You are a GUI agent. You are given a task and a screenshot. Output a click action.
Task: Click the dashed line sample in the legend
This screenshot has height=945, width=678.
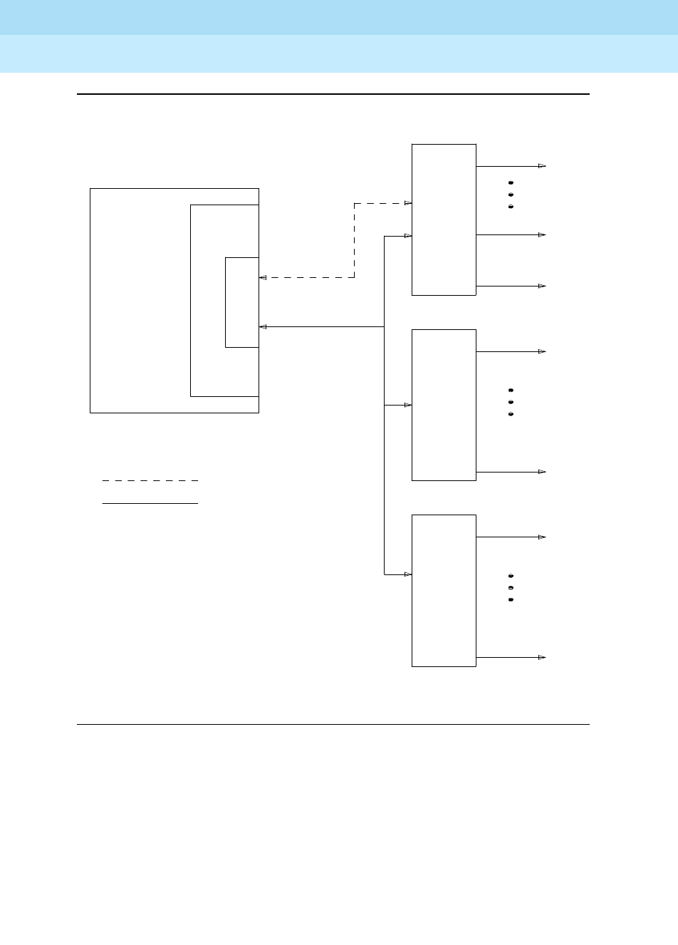pyautogui.click(x=150, y=481)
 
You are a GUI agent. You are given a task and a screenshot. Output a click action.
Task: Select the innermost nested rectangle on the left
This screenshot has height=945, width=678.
pyautogui.click(x=241, y=302)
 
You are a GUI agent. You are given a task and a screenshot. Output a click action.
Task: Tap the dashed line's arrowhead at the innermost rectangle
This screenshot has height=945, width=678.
pyautogui.click(x=263, y=277)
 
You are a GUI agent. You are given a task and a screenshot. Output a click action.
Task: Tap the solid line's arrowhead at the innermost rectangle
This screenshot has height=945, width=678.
pyautogui.click(x=263, y=326)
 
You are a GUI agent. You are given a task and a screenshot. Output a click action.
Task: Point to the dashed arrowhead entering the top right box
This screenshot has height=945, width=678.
pyautogui.click(x=408, y=203)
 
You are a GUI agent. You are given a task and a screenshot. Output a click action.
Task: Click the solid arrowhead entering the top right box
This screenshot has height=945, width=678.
pyautogui.click(x=408, y=236)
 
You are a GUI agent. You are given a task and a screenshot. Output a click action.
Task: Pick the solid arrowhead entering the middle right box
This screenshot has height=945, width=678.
pyautogui.click(x=408, y=405)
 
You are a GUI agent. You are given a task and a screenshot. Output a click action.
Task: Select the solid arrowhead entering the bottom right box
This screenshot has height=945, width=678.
pyautogui.click(x=408, y=574)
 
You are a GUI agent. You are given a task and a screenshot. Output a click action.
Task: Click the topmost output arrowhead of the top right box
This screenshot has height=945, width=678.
pyautogui.click(x=542, y=166)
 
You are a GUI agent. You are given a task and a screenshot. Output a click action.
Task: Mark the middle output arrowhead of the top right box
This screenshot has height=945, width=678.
pyautogui.click(x=542, y=234)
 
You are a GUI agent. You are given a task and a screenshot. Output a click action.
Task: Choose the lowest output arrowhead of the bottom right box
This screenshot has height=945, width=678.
pyautogui.click(x=542, y=657)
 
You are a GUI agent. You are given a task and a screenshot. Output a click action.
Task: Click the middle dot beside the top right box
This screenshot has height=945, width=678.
pyautogui.click(x=511, y=195)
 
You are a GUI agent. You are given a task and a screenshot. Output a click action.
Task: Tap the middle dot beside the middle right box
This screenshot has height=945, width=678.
pyautogui.click(x=511, y=402)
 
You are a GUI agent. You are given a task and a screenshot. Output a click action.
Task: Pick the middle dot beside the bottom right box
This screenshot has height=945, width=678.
pyautogui.click(x=511, y=587)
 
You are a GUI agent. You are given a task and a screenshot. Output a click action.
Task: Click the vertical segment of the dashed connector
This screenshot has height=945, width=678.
pyautogui.click(x=354, y=241)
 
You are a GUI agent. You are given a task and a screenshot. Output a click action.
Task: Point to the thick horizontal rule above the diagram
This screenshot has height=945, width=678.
pyautogui.click(x=333, y=94)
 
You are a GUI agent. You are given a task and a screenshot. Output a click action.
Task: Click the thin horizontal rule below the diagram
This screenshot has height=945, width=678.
pyautogui.click(x=333, y=725)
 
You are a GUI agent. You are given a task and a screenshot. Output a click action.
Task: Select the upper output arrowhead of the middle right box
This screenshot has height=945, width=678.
pyautogui.click(x=542, y=351)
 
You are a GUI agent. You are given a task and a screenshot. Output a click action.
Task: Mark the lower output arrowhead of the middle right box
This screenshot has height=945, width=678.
pyautogui.click(x=542, y=472)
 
